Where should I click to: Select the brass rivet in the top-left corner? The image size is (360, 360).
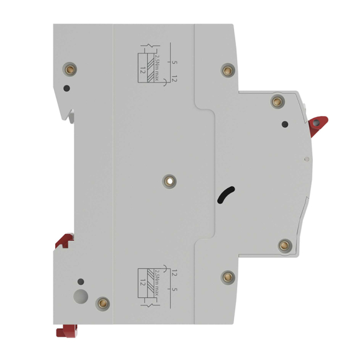(x=68, y=70)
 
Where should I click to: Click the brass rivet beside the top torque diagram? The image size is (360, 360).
(x=228, y=70)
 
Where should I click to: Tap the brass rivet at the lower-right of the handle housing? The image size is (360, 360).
(x=285, y=245)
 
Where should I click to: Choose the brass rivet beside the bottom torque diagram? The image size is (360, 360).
(x=228, y=276)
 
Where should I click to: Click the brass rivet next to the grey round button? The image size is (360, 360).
(x=104, y=304)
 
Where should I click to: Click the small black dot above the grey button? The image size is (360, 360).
(x=79, y=281)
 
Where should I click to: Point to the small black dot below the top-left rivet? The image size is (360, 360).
(x=66, y=88)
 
